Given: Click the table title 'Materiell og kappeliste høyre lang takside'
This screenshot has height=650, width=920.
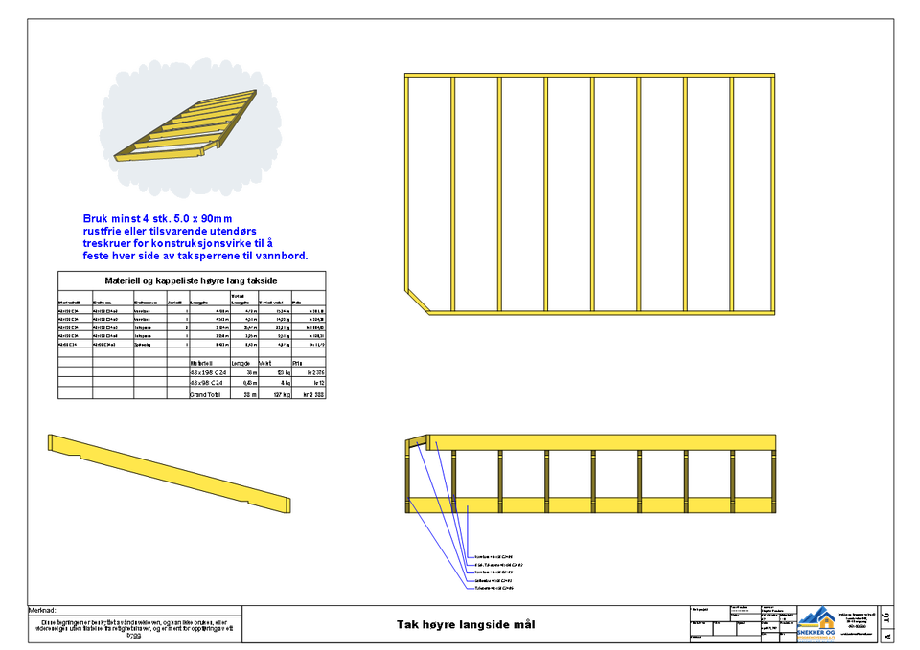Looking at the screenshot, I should [x=191, y=280].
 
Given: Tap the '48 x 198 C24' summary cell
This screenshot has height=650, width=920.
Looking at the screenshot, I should [x=208, y=372].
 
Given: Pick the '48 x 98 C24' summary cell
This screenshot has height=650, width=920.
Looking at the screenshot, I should [x=208, y=383].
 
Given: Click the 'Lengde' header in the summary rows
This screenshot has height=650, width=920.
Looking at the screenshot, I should [x=241, y=363].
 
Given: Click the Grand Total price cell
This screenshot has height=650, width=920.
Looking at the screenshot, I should [x=312, y=394].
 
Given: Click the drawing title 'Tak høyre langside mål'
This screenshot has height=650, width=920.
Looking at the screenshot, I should [x=466, y=624].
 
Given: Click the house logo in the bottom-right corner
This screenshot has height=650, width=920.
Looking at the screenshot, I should [x=816, y=623].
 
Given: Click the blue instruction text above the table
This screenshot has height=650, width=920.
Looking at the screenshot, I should [x=195, y=237].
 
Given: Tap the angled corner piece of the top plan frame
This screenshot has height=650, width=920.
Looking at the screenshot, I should [x=418, y=300].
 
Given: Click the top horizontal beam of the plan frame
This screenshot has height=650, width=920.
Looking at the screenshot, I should [x=589, y=76].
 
